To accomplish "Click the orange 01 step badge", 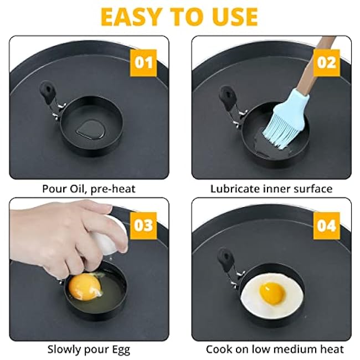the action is click(143, 63).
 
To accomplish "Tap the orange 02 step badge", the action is click(326, 63).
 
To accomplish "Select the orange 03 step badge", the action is click(143, 225).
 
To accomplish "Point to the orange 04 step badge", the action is click(326, 225).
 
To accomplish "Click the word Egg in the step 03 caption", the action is click(121, 350).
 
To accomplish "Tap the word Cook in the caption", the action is click(219, 349).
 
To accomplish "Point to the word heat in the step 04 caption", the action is click(332, 349).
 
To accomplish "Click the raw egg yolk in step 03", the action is click(85, 287).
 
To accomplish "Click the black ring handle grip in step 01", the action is click(48, 91).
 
